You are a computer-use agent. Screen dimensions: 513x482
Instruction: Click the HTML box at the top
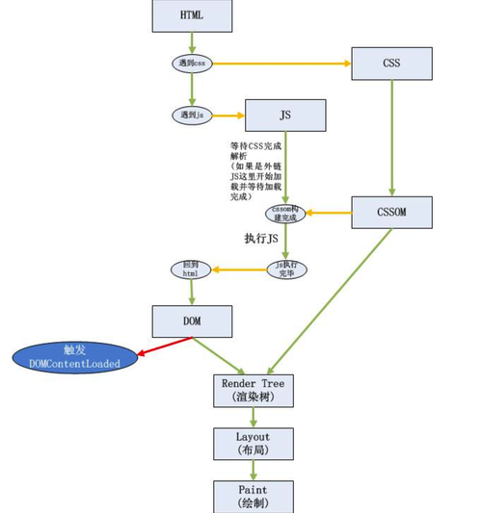coord(192,15)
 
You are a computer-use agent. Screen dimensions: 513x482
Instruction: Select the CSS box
coord(390,64)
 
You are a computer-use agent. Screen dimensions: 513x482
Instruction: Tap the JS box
coord(285,115)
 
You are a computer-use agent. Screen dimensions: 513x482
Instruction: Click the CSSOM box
coord(390,212)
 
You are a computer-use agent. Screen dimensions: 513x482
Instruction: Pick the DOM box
coord(192,321)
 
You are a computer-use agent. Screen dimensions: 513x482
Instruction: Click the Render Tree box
coord(253,390)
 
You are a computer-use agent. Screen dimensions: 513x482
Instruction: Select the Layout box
coord(253,444)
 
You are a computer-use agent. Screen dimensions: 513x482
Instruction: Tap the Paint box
coord(253,497)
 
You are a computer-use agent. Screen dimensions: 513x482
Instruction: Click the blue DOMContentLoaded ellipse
coord(74,357)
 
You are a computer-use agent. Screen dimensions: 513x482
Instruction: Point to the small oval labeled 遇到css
coord(192,64)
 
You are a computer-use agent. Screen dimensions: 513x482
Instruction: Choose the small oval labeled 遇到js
coord(192,115)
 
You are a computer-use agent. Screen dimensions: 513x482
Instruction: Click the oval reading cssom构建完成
coord(285,214)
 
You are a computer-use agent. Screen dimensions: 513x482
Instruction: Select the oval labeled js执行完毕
coord(286,269)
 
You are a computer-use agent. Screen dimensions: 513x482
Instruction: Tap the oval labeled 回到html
coord(191,269)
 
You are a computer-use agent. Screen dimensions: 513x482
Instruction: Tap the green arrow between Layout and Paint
coord(253,471)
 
